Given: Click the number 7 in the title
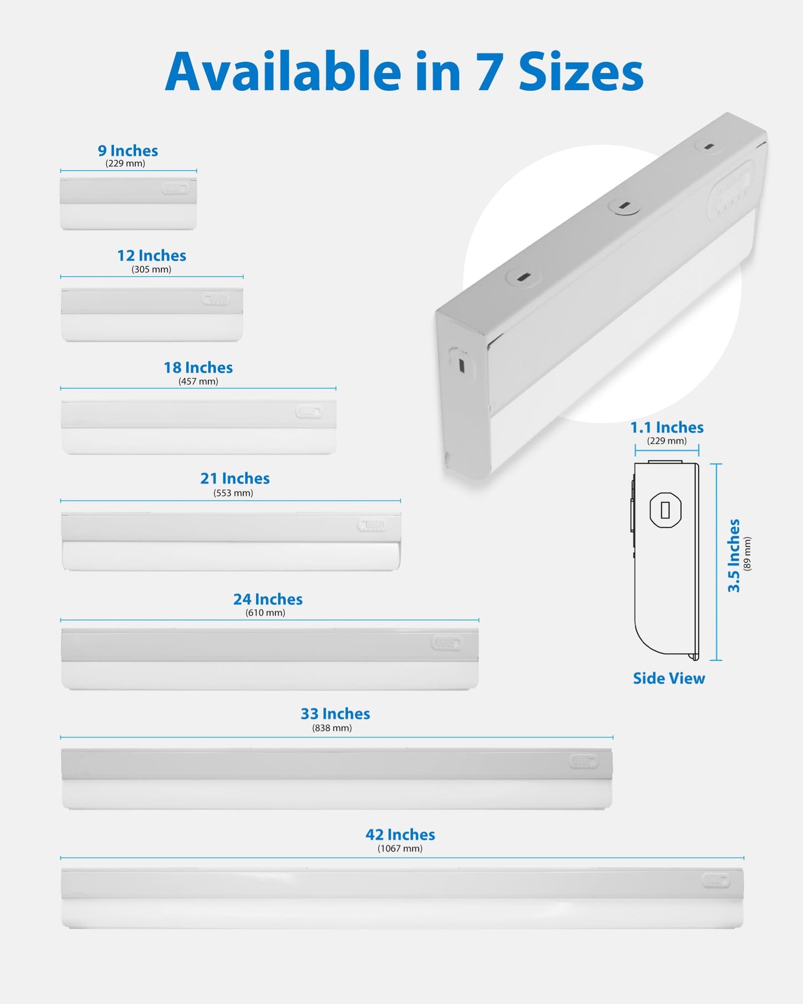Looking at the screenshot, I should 489,72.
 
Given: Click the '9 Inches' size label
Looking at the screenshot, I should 128,151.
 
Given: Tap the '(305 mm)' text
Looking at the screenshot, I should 151,270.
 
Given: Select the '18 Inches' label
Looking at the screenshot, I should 198,367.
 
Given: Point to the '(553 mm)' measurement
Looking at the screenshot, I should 233,493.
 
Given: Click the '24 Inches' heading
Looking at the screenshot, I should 268,599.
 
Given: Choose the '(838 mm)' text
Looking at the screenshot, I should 332,728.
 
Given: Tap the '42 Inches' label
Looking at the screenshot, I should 400,834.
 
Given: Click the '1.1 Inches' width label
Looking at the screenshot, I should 667,428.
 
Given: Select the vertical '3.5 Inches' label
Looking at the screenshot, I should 734,555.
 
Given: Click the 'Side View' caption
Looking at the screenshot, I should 669,678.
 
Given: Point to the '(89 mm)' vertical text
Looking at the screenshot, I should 747,554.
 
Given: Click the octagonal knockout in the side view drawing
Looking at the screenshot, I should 665,510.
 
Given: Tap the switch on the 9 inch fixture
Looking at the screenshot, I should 175,189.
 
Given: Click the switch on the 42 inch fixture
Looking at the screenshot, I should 716,881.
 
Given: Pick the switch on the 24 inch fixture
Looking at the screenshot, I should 446,644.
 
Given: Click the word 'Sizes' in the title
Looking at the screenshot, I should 581,72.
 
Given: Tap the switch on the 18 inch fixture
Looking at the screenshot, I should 308,412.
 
